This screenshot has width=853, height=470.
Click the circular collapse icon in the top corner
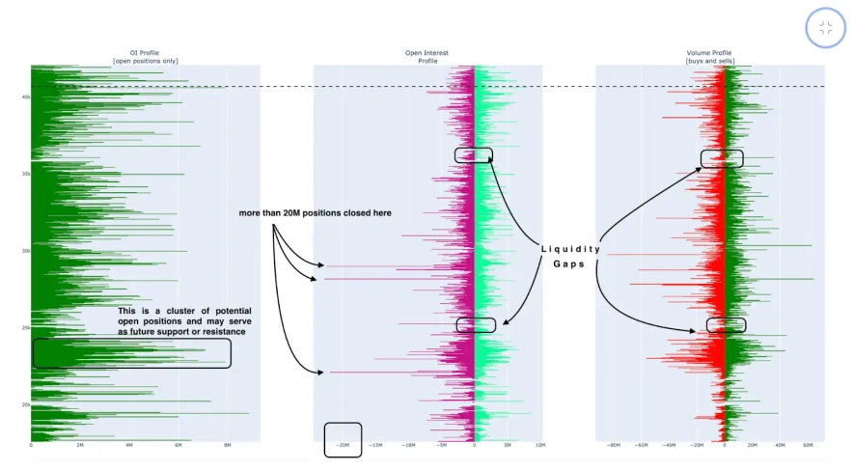pyautogui.click(x=825, y=28)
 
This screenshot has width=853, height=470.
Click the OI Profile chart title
pyautogui.click(x=145, y=53)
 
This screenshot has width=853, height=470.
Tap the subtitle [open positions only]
pyautogui.click(x=145, y=61)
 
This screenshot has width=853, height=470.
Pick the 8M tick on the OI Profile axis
pyautogui.click(x=228, y=445)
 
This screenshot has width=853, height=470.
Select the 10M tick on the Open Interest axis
pyautogui.click(x=539, y=445)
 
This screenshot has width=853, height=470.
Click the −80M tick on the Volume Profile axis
pyautogui.click(x=612, y=445)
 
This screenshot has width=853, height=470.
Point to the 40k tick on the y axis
pyautogui.click(x=24, y=97)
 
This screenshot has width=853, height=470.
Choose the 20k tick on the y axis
pyautogui.click(x=24, y=404)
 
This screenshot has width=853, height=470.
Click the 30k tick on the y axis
pyautogui.click(x=24, y=251)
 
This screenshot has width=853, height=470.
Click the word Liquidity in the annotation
pyautogui.click(x=570, y=249)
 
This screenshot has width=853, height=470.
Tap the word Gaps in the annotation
pyautogui.click(x=569, y=264)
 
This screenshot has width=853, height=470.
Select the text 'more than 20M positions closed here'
pyautogui.click(x=316, y=212)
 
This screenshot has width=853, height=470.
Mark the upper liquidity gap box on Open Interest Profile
pyautogui.click(x=473, y=154)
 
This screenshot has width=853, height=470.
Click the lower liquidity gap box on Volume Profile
pyautogui.click(x=726, y=325)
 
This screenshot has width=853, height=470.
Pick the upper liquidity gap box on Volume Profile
pyautogui.click(x=722, y=158)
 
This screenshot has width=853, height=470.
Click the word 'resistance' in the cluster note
pyautogui.click(x=222, y=331)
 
